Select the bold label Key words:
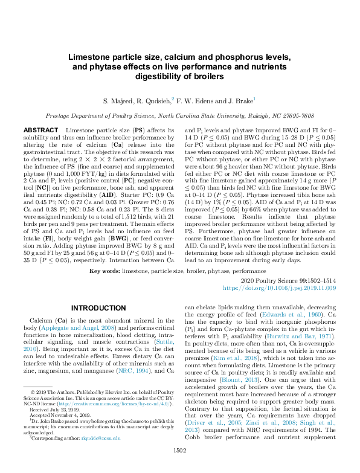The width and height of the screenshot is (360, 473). pyautogui.click(x=104, y=272)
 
